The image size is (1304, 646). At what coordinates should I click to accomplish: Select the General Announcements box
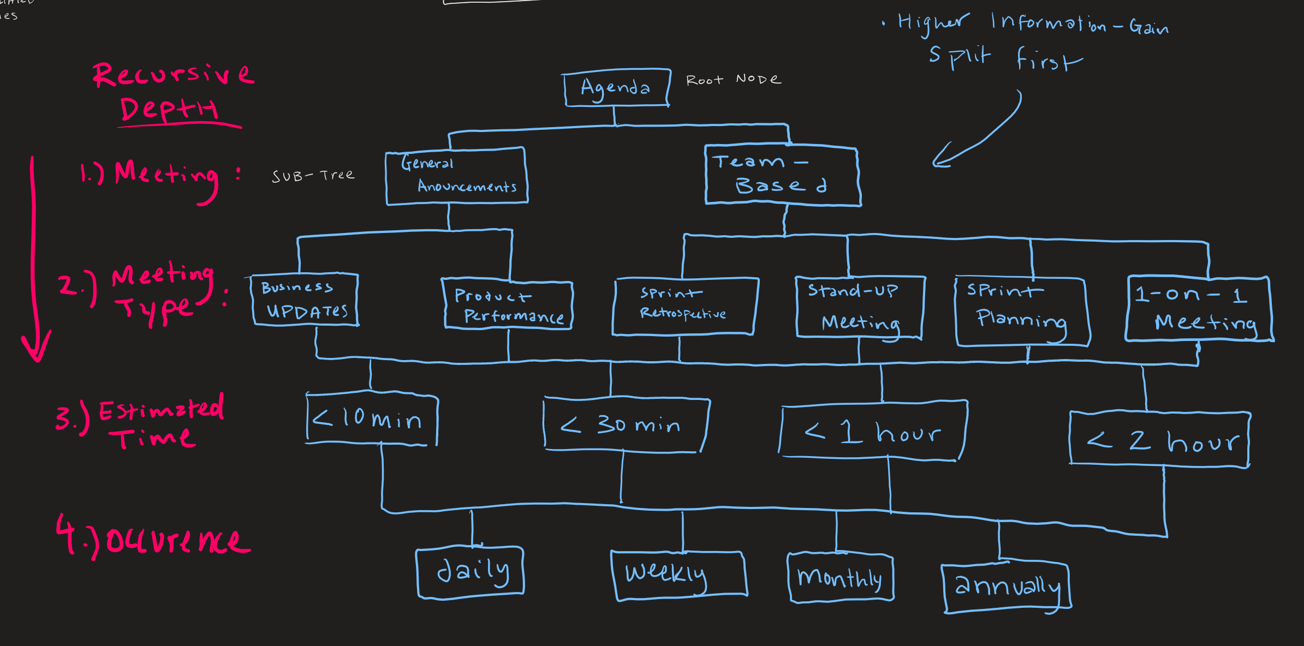[456, 176]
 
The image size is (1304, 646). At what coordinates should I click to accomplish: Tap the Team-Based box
[782, 175]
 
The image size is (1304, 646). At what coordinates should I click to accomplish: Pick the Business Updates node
[305, 300]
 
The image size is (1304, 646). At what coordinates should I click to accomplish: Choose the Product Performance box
[508, 305]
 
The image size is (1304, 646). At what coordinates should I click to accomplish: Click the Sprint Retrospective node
[684, 306]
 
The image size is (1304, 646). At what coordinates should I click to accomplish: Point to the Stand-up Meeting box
[859, 307]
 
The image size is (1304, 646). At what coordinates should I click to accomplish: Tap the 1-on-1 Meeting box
[1199, 309]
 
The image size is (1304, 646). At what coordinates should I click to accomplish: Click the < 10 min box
[372, 419]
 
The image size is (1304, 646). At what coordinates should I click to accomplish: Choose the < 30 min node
[625, 424]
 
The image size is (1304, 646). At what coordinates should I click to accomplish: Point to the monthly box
[840, 577]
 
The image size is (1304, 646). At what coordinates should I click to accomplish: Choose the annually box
[1006, 587]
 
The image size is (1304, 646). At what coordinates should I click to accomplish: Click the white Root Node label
[733, 80]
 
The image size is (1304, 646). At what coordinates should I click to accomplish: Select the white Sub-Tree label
[313, 176]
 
